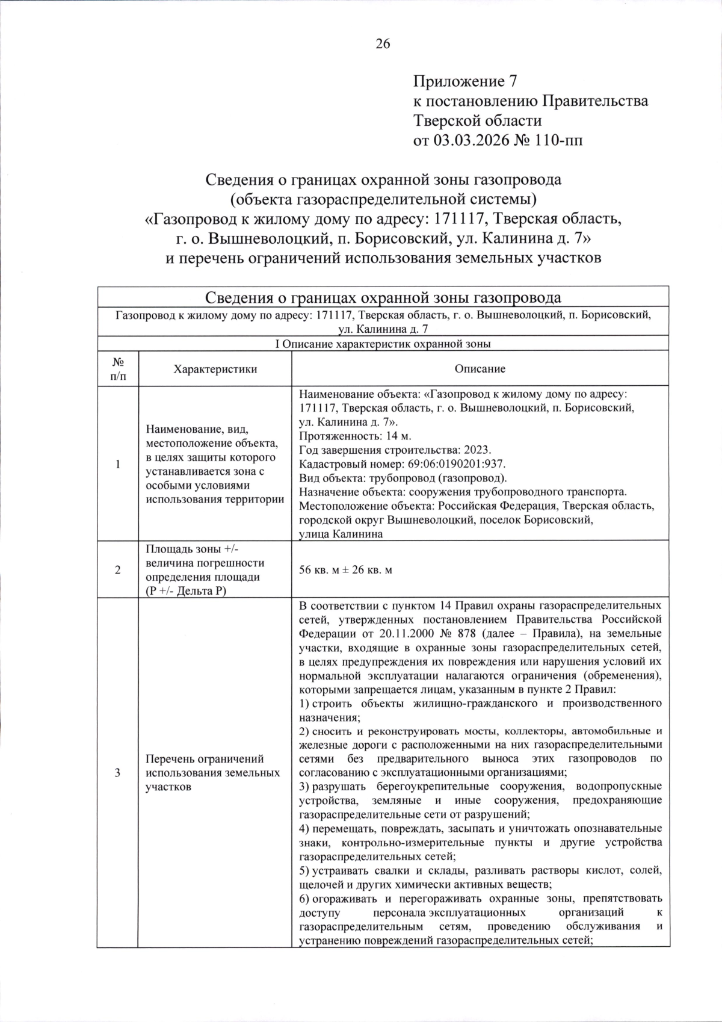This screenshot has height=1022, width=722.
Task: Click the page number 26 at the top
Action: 383,43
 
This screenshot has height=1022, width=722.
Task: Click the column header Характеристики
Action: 215,369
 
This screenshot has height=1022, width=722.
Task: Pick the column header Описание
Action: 480,369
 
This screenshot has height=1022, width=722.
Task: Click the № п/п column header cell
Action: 118,369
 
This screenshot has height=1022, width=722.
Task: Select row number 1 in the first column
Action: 118,464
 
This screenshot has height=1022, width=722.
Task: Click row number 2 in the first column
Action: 118,570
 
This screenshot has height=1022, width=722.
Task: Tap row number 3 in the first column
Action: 118,773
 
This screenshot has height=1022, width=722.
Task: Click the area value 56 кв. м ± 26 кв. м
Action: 345,570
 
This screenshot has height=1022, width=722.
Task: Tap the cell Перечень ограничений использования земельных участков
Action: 212,773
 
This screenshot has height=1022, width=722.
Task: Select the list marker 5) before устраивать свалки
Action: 304,870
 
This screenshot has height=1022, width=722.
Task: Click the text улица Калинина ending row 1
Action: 341,534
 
